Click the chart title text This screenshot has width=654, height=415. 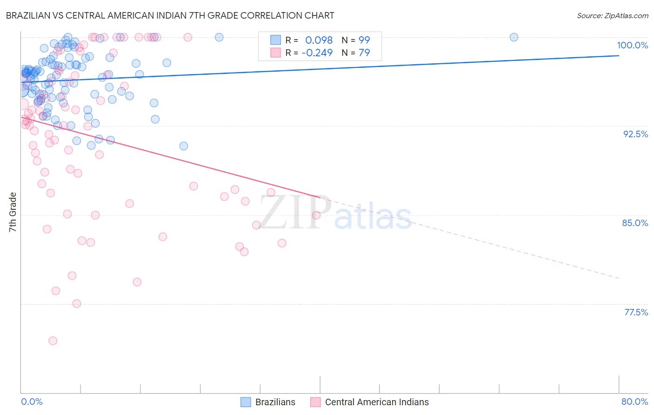click(170, 15)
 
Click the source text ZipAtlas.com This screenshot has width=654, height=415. click(612, 15)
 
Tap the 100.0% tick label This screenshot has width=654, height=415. click(632, 45)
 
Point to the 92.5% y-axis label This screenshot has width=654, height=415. click(635, 134)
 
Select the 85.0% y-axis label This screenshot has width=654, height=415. click(635, 223)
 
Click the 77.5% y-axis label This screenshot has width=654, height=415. click(636, 312)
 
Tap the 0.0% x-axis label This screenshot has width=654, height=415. click(32, 402)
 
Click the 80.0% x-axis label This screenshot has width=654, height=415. click(634, 402)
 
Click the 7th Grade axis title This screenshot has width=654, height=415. click(13, 212)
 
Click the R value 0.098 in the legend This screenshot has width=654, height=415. click(319, 40)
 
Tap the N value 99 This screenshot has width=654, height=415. click(364, 40)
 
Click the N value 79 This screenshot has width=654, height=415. click(364, 53)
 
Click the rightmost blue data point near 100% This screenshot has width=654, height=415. click(514, 37)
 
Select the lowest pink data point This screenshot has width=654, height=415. click(53, 341)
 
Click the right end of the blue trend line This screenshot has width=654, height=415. click(619, 55)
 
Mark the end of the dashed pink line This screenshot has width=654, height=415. click(619, 278)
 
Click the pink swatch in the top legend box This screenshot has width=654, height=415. click(276, 53)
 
